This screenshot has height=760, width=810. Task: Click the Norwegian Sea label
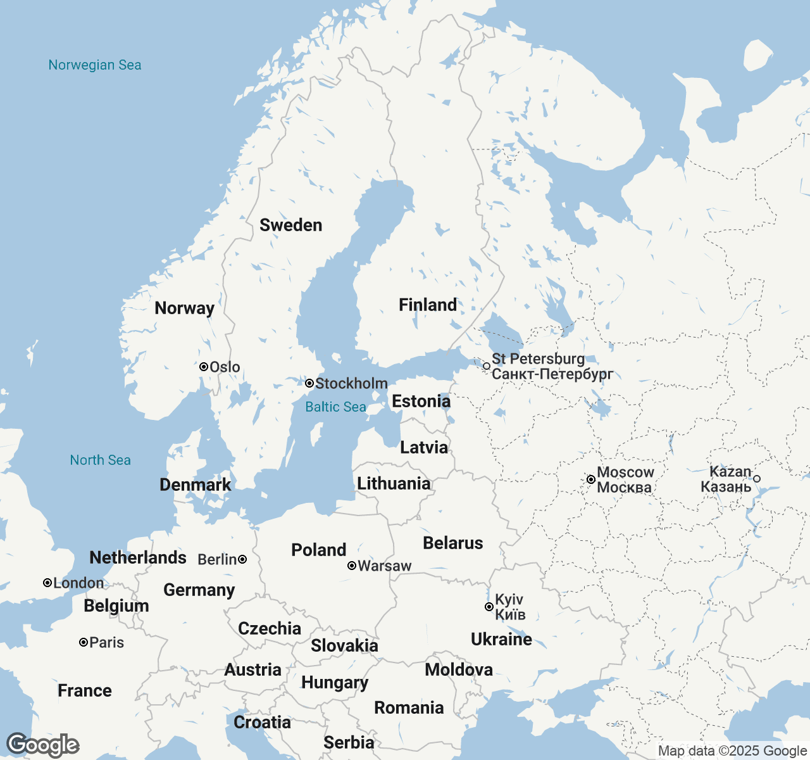tap(95, 65)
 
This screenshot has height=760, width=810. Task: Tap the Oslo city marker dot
tap(204, 367)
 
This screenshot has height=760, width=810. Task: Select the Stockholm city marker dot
tap(309, 383)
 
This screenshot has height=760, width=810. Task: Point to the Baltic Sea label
tap(335, 407)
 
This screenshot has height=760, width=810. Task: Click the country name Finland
tap(428, 305)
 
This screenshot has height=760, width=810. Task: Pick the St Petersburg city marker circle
tap(487, 366)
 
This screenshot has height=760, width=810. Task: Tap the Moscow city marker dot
tap(590, 479)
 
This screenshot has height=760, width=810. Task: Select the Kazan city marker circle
tap(757, 479)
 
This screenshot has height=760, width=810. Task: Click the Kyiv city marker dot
tap(489, 607)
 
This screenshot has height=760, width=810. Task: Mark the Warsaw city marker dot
tap(352, 566)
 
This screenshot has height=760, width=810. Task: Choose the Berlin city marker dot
tap(242, 559)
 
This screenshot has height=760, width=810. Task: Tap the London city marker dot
tap(47, 583)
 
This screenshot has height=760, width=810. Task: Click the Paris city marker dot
tap(83, 642)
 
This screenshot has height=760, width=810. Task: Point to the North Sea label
tap(100, 460)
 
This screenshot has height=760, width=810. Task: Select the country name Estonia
tap(421, 401)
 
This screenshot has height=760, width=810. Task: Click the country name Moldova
tap(459, 669)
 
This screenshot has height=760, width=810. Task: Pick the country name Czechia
tap(270, 628)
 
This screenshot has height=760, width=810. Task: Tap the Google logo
tap(42, 745)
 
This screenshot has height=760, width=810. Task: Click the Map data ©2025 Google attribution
tap(732, 751)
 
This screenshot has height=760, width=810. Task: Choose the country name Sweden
tap(291, 225)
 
